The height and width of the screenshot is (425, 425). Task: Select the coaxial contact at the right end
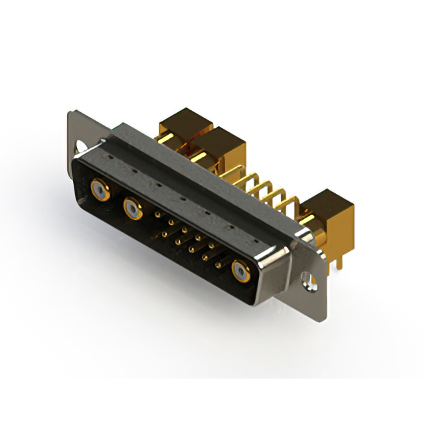point(240,271)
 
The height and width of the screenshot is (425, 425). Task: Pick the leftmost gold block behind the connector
point(183,126)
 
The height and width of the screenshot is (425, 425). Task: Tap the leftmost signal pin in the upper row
point(157,214)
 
